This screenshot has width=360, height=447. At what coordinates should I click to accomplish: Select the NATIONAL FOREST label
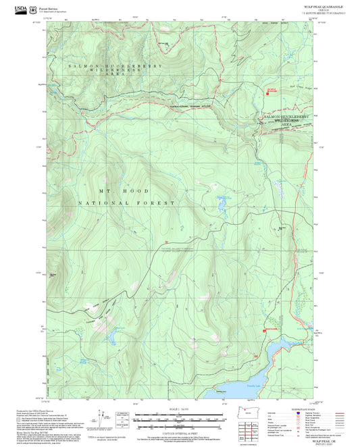(x=127, y=203)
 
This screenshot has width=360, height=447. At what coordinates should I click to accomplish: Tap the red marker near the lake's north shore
(x=263, y=331)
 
